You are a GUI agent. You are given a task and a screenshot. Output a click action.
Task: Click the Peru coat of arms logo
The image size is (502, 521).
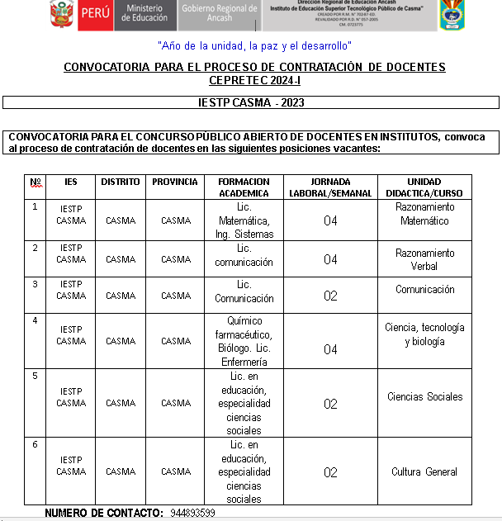(x=61, y=15)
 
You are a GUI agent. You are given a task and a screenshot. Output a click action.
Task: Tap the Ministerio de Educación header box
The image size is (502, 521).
(x=144, y=15)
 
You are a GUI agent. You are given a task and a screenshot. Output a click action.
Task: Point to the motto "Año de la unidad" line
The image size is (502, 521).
(x=254, y=45)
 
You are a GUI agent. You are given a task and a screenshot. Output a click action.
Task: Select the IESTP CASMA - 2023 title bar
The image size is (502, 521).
(x=251, y=102)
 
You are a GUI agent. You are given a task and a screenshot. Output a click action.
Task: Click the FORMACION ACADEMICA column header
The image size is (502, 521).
(x=244, y=187)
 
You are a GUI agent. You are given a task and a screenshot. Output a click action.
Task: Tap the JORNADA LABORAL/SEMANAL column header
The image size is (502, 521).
(x=330, y=187)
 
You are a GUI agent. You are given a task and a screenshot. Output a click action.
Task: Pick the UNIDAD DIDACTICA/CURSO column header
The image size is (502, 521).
(x=424, y=187)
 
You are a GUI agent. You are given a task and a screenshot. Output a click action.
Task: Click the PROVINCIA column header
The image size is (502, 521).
(x=175, y=182)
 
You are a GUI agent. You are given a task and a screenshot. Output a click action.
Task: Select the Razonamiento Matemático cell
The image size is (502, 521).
(x=424, y=214)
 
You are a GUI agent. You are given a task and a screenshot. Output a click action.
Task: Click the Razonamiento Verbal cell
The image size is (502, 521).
(x=424, y=259)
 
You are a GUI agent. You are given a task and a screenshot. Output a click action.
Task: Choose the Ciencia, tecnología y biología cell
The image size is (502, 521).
(x=424, y=334)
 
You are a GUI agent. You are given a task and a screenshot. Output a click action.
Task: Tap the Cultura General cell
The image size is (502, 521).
(x=424, y=472)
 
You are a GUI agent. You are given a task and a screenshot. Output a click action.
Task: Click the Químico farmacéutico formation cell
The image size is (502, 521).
(x=244, y=341)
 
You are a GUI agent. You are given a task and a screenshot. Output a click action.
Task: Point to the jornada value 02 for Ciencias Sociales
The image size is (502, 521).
(x=330, y=404)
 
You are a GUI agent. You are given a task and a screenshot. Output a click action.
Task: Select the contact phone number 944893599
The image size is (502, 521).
(x=193, y=514)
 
